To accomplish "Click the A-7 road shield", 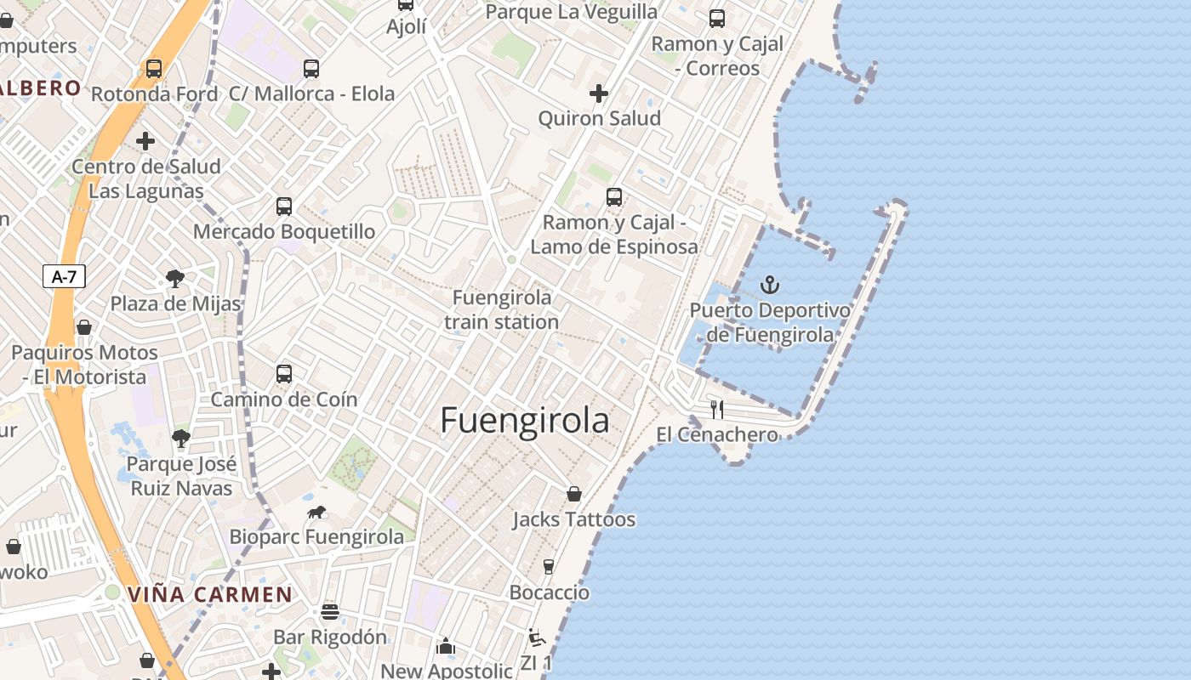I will click(x=64, y=275).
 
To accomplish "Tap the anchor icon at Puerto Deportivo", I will click(x=770, y=285).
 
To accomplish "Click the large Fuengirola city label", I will click(x=525, y=421).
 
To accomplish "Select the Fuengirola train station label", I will click(x=502, y=309).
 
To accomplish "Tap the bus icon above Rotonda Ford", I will click(x=154, y=69).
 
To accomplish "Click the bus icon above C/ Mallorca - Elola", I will click(x=311, y=69).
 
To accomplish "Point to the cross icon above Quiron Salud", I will click(x=599, y=93).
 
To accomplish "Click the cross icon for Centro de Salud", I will click(x=145, y=141).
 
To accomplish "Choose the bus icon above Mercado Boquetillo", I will click(x=284, y=207).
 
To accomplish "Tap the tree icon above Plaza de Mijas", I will click(x=175, y=278).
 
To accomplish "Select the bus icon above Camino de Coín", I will click(x=284, y=374).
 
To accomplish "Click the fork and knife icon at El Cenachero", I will click(x=717, y=410).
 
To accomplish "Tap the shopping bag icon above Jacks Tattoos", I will click(x=574, y=494).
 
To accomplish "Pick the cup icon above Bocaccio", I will click(x=549, y=567).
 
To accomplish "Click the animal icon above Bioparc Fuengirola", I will click(x=316, y=512).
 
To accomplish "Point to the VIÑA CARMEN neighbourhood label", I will click(x=210, y=594).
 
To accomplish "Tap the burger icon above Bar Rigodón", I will click(x=330, y=612).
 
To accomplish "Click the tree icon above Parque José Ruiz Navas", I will click(x=180, y=439).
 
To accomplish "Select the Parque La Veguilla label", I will click(x=571, y=12).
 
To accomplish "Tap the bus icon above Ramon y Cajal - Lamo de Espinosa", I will click(x=614, y=197).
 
